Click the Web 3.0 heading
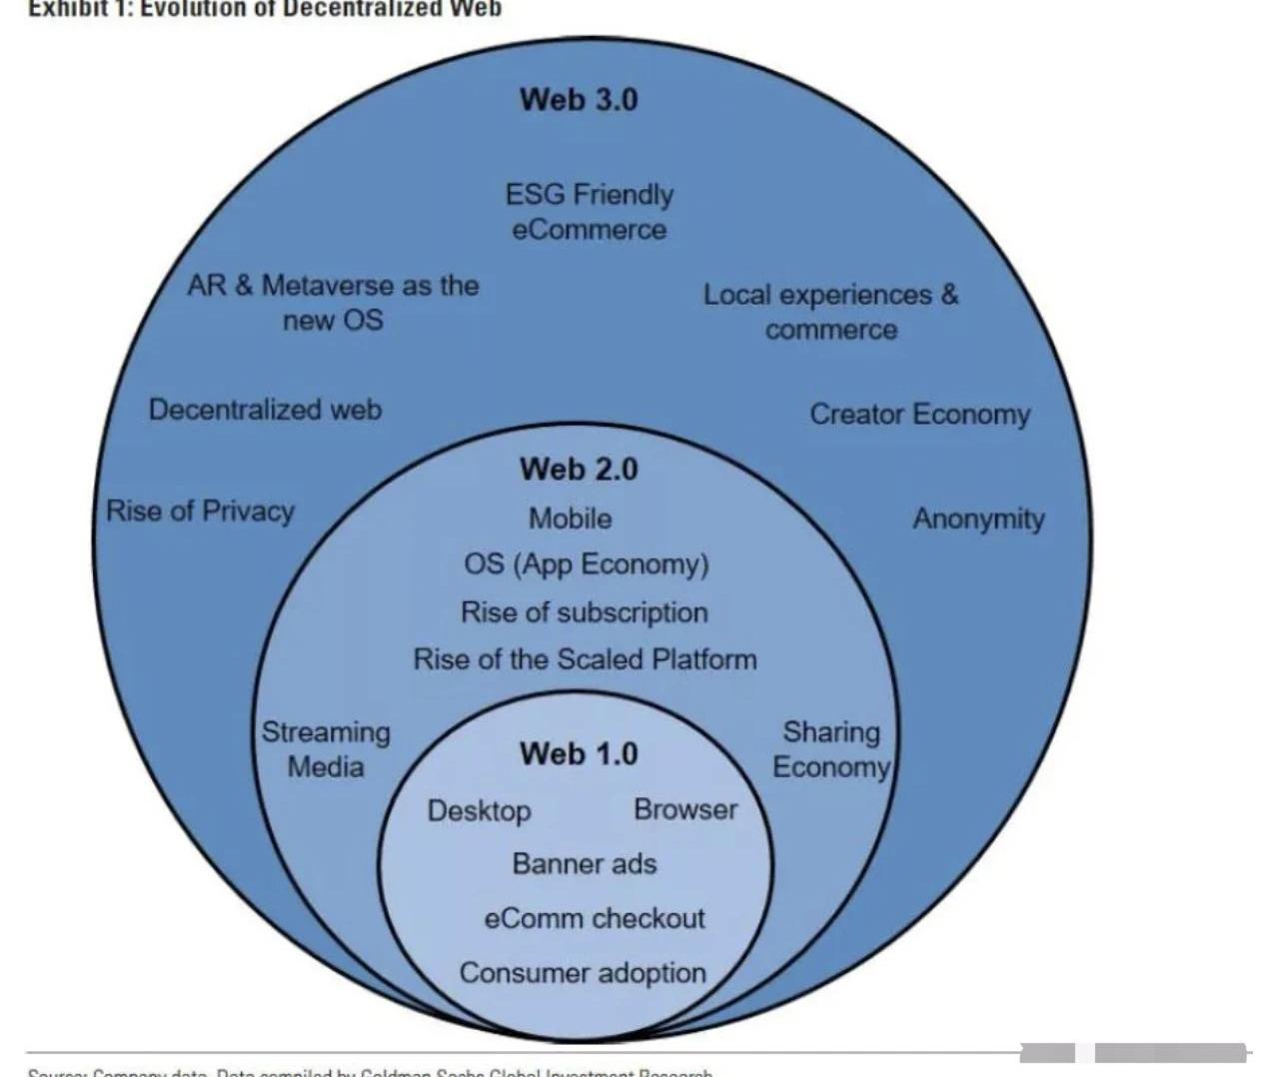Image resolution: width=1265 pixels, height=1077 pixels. pos(579,100)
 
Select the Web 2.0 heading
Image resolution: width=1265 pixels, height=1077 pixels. pos(579,469)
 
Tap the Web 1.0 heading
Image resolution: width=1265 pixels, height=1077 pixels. pos(579,753)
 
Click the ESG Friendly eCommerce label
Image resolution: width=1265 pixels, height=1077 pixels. pos(589,212)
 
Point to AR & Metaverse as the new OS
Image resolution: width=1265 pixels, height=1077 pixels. pos(333,303)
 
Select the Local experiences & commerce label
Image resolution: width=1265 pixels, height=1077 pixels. pos(830,312)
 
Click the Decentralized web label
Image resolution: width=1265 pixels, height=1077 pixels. pos(265,410)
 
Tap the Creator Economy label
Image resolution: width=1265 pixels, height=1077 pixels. pos(919,415)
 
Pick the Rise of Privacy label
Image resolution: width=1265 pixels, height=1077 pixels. pos(200,512)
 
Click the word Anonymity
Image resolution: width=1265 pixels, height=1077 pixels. pos(978,520)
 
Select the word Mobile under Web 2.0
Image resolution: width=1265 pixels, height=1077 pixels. pos(571,519)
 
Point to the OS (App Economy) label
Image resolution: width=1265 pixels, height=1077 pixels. pos(587,564)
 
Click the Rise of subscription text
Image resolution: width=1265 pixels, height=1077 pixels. pos(585,612)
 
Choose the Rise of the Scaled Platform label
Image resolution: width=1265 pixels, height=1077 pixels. pos(586,659)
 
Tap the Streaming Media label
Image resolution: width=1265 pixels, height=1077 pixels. pos(326,749)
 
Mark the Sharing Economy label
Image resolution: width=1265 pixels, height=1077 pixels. pos(831,749)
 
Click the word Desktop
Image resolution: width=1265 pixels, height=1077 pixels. pos(479,810)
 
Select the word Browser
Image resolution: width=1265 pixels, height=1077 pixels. pos(685,809)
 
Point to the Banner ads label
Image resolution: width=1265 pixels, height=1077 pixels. pos(585,864)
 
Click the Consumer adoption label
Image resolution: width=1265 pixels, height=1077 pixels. pos(583,973)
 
